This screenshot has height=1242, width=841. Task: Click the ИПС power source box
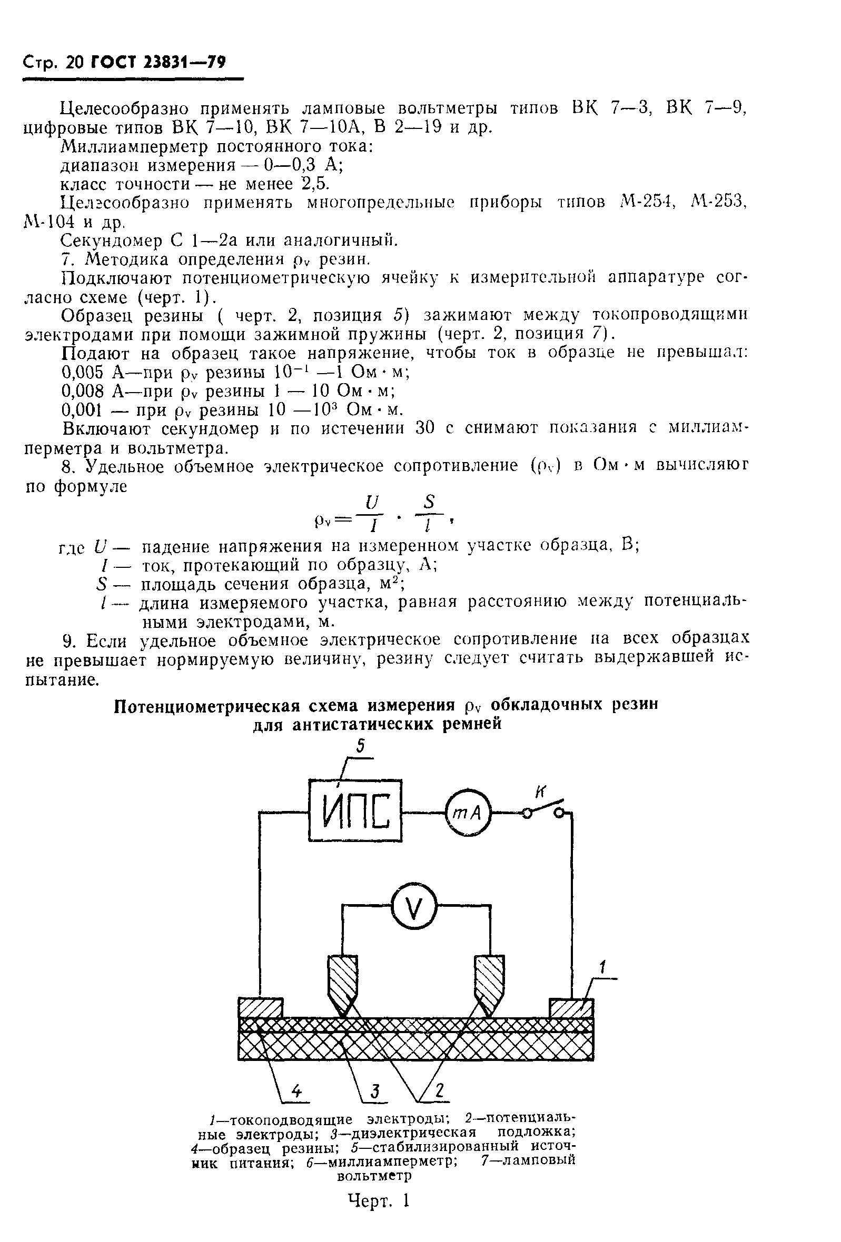(355, 810)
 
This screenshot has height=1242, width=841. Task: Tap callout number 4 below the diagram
(296, 1090)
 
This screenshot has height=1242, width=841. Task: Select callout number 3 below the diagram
(375, 1090)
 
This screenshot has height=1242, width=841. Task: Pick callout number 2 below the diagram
(439, 1090)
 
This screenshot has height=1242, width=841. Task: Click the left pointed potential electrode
(341, 982)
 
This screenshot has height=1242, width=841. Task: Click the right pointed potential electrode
(489, 982)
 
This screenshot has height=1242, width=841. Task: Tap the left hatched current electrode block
(260, 1008)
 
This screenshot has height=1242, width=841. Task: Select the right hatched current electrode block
(571, 1008)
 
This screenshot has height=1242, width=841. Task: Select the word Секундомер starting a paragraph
(110, 241)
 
